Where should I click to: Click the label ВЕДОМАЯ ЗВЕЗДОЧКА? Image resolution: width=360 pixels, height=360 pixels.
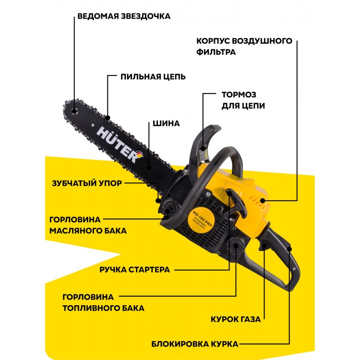(x=124, y=16)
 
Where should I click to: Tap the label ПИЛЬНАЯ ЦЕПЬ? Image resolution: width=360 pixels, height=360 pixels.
(x=153, y=77)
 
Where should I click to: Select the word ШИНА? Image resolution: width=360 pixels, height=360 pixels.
(x=166, y=123)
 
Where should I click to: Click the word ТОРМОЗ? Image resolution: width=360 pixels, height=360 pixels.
(x=239, y=95)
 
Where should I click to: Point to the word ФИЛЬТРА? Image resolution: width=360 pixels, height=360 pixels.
(x=216, y=52)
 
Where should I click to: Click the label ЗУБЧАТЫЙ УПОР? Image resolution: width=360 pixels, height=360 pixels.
(x=87, y=183)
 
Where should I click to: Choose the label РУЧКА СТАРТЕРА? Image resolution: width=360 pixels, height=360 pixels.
(x=134, y=270)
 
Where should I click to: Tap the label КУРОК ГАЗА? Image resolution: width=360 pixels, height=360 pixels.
(x=236, y=319)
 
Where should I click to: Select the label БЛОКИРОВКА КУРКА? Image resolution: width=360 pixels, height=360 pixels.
(x=195, y=344)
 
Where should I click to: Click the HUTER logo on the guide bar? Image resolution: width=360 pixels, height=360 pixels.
(x=120, y=144)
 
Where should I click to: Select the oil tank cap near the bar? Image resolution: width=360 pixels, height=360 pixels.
(x=170, y=206)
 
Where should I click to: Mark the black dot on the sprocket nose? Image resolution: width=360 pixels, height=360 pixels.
(x=74, y=111)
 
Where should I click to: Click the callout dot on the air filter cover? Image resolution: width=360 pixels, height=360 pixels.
(x=263, y=201)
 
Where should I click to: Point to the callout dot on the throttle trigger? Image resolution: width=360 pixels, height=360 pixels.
(x=264, y=246)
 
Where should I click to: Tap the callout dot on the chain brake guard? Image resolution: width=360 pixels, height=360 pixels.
(x=203, y=148)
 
